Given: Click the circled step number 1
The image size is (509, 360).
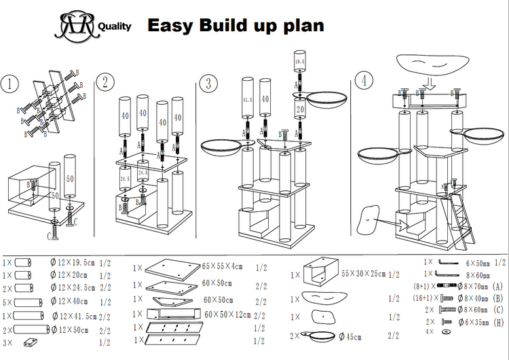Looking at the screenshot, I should tap(10, 84).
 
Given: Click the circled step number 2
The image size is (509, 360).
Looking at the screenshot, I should tap(105, 83).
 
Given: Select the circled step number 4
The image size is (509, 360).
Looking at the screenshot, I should tap(366, 79).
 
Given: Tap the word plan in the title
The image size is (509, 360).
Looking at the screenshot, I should tap(299, 26).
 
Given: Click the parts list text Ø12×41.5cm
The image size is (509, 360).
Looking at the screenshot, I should tap(81, 316).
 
